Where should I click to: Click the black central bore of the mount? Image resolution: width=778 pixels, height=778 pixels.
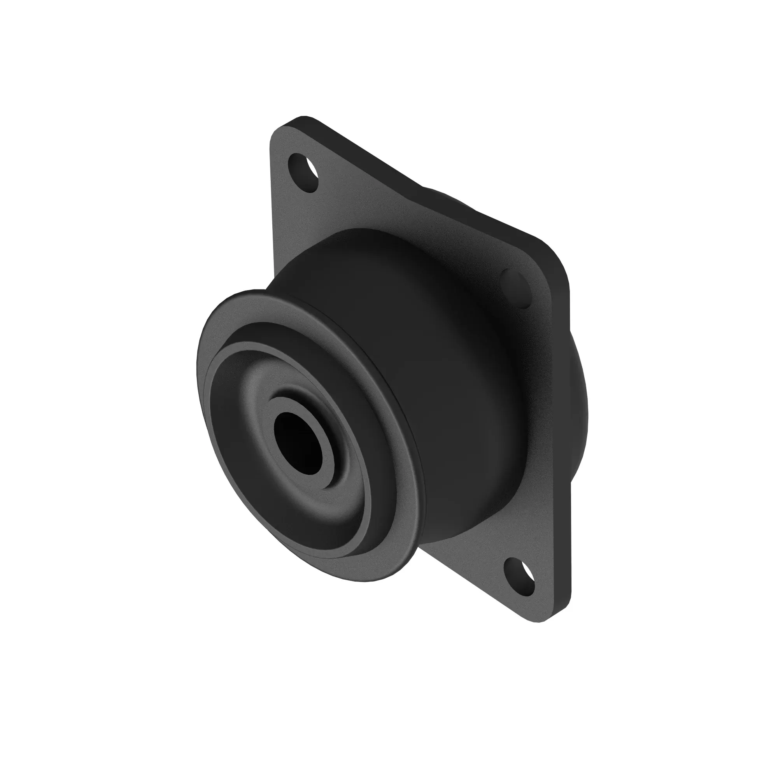[x=298, y=442]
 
